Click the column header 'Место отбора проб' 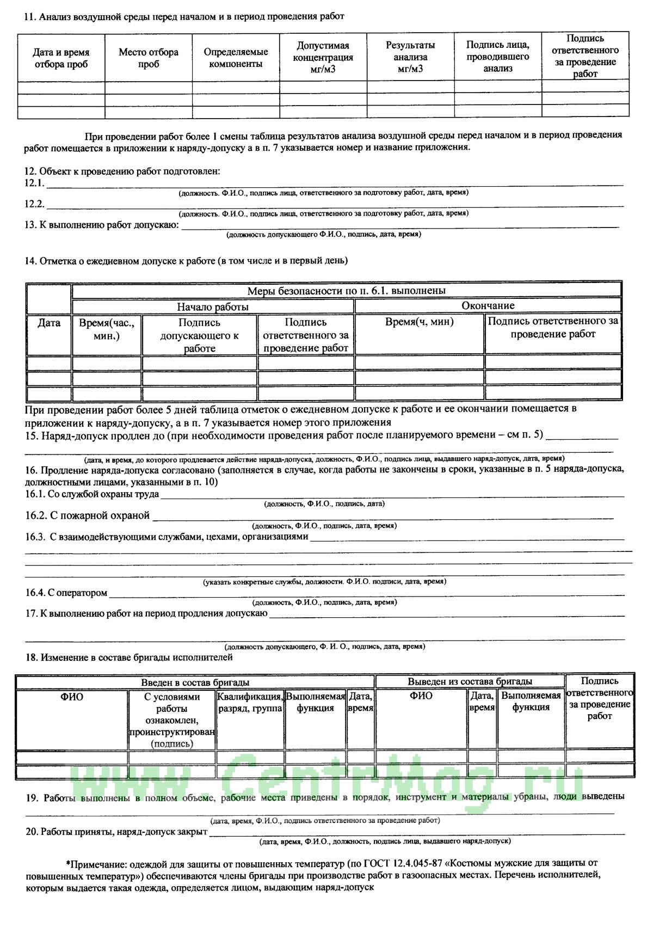[149, 58]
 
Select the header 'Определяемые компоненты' [236, 58]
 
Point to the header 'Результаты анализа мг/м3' [410, 57]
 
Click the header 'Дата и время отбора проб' [61, 58]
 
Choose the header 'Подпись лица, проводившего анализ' [498, 57]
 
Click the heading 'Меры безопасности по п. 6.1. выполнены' [347, 291]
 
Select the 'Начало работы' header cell [213, 306]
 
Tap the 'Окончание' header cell [488, 306]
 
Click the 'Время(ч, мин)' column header [419, 322]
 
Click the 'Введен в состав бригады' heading [195, 681]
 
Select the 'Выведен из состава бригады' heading [470, 681]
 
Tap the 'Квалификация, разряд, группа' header [250, 702]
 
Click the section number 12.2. [34, 204]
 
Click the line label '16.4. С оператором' [66, 593]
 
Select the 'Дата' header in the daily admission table [49, 323]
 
